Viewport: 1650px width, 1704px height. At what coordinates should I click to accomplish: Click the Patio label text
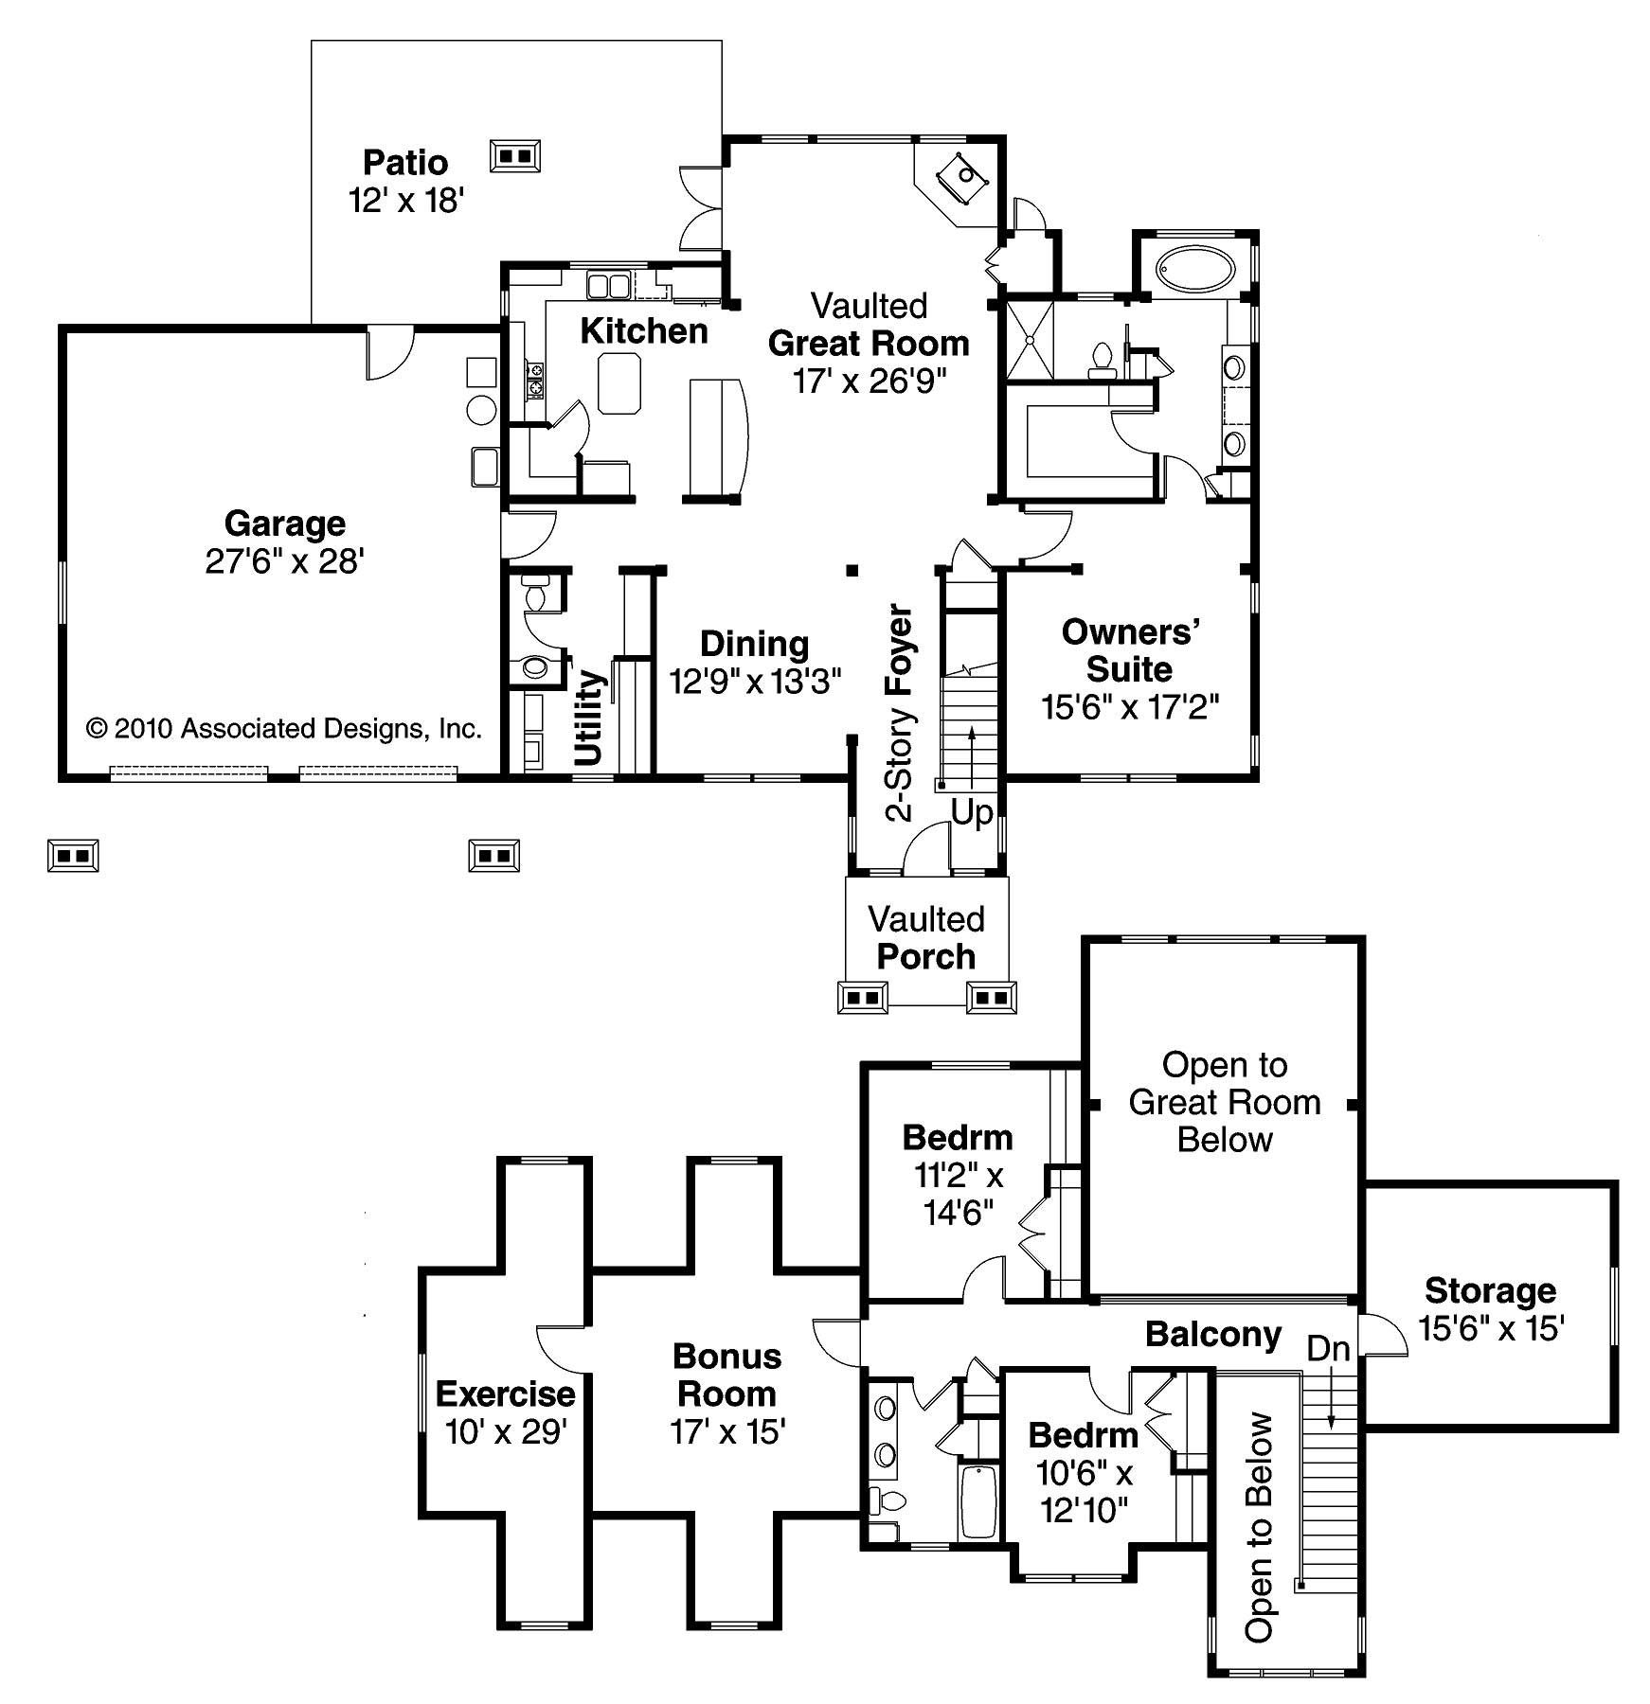click(x=405, y=163)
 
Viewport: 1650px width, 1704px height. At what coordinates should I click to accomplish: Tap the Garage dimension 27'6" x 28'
click(x=285, y=561)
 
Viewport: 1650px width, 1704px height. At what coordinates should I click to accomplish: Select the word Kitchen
click(x=644, y=331)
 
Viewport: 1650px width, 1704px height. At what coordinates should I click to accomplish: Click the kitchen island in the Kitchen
click(x=619, y=382)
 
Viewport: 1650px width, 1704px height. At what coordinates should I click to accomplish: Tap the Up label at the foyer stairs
click(x=972, y=813)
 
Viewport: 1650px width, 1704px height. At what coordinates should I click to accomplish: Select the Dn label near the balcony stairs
click(x=1328, y=1349)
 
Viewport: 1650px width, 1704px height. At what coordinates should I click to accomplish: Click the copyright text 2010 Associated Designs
click(x=284, y=728)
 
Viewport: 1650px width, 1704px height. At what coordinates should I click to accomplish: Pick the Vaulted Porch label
click(x=926, y=937)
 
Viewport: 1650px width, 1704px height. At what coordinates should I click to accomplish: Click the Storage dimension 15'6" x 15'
click(x=1491, y=1329)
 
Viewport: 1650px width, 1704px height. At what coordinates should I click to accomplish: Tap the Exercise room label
click(x=505, y=1393)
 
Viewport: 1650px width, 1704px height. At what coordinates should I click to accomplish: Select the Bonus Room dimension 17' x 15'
click(x=727, y=1432)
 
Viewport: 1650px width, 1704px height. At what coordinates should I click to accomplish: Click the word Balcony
click(x=1213, y=1334)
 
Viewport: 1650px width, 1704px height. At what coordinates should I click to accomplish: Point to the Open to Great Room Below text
click(x=1225, y=1102)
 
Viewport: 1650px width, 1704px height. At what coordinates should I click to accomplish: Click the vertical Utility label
click(x=589, y=718)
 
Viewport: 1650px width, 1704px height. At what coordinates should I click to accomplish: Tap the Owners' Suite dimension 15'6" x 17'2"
click(x=1130, y=706)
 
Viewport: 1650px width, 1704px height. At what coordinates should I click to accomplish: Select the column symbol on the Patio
click(x=515, y=155)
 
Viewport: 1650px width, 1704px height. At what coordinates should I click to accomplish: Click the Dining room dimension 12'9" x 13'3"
click(x=755, y=681)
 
